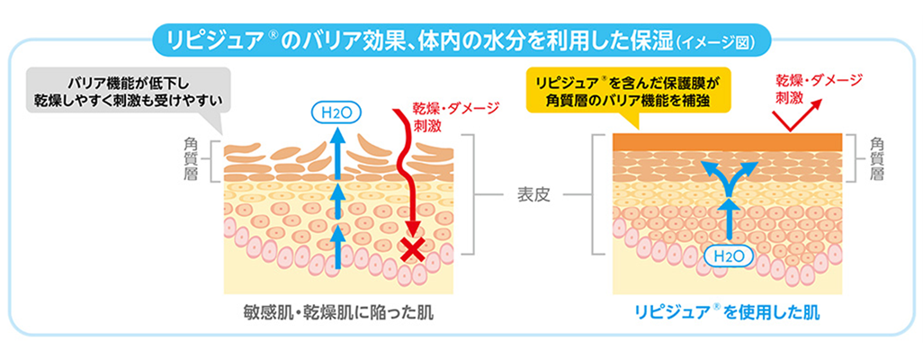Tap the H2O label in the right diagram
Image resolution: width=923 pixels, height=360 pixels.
pyautogui.click(x=729, y=256)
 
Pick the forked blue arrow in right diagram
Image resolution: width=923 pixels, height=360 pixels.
pyautogui.click(x=729, y=179)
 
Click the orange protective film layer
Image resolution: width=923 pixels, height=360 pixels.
pyautogui.click(x=727, y=141)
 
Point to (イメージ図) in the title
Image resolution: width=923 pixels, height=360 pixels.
pyautogui.click(x=717, y=41)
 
